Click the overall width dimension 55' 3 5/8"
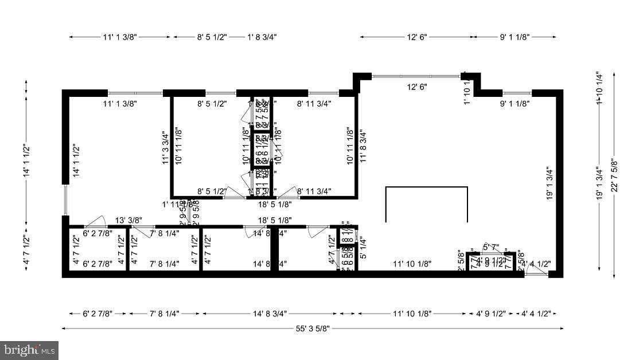click(313, 328)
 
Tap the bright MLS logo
click(29, 349)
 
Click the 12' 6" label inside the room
click(417, 87)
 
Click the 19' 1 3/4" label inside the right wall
click(549, 182)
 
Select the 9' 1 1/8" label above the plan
click(514, 37)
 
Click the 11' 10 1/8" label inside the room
click(412, 264)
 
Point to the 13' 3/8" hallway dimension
click(128, 220)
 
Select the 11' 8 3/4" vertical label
click(363, 147)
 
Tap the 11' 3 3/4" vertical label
click(165, 147)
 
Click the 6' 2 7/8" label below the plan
click(97, 314)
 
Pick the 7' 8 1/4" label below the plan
click(164, 314)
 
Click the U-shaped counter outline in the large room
click(426, 188)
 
